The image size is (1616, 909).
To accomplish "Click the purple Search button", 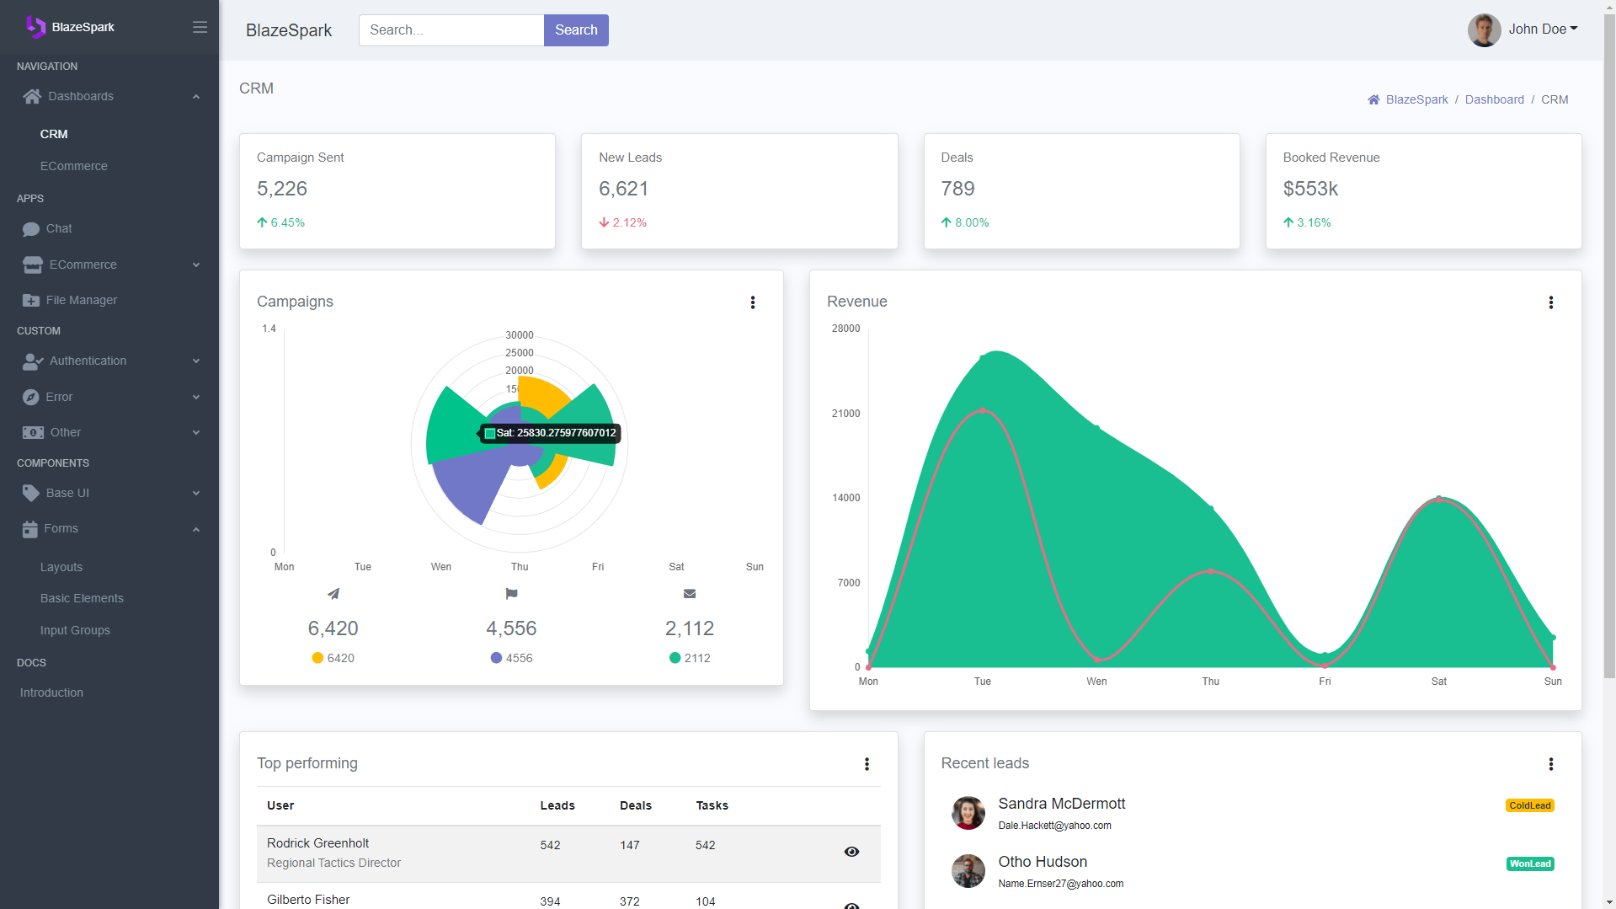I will coord(576,30).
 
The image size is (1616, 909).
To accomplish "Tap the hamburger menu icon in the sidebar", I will coord(200,27).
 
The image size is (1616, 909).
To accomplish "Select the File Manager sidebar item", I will coord(81,300).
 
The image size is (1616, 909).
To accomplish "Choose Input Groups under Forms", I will coord(75,630).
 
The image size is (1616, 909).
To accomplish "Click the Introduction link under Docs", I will coord(51,692).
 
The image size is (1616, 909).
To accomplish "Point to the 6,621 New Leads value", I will coord(623,189).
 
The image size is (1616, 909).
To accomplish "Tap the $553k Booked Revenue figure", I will coord(1310,189).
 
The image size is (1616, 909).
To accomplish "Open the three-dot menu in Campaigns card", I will coord(753,302).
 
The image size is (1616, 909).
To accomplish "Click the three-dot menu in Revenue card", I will coord(1551,302).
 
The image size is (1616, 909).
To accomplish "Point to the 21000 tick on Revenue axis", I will coord(845,414).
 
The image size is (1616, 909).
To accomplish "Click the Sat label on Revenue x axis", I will coord(1438,682).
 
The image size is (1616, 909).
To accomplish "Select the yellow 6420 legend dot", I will coord(317,658).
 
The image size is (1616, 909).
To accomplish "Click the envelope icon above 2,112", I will coord(690,594).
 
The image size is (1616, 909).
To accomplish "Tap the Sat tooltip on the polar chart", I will coord(551,433).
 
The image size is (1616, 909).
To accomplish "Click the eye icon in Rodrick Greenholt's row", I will coord(851,852).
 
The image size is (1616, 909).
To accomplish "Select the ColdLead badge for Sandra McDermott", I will coord(1529,805).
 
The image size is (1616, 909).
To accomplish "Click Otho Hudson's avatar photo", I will coord(968,871).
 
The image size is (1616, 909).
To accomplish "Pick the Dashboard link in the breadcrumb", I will coord(1494,99).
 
